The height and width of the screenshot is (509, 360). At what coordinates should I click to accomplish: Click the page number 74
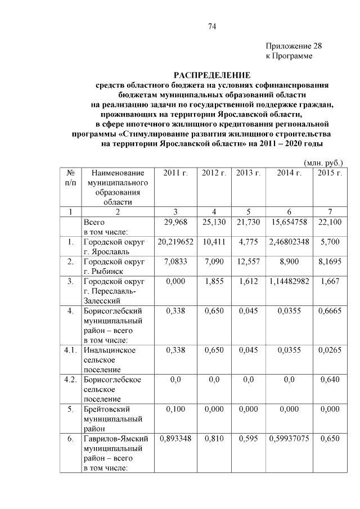pos(212,26)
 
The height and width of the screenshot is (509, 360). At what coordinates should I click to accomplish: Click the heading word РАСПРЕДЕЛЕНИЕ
pos(211,74)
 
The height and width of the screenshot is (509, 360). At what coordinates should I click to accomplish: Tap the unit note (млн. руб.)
pos(323,162)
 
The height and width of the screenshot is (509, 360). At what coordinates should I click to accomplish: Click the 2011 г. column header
pos(175,173)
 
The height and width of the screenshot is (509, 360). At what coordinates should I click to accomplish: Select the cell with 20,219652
pos(175,242)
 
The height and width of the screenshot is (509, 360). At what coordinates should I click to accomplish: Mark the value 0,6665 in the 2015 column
pos(330,310)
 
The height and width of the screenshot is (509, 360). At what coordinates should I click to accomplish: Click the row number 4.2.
pos(70,380)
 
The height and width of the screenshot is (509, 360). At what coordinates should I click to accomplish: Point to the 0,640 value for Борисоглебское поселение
pos(330,380)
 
